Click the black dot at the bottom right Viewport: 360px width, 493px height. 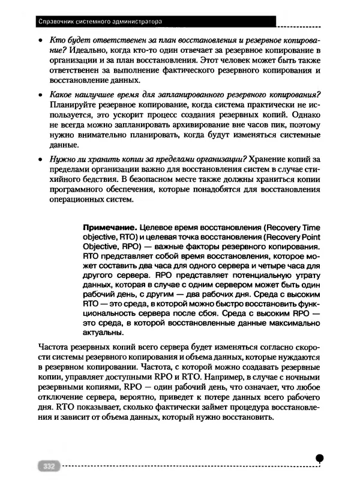pyautogui.click(x=320, y=457)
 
